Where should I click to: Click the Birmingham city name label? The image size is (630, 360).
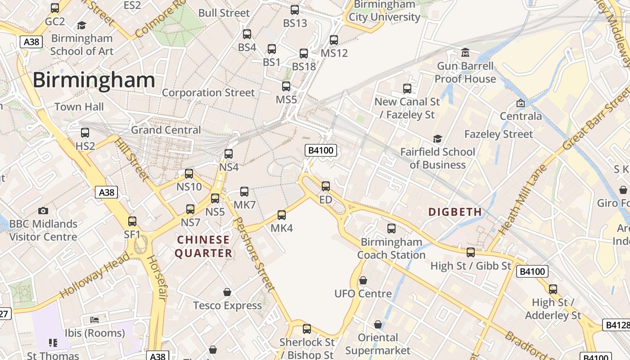pos(94,80)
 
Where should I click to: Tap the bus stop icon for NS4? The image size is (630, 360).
pos(229,154)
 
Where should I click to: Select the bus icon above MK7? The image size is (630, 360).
pos(244,192)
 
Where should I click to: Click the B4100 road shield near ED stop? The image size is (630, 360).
pos(321,150)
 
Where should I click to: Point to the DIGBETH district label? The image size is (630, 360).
pos(455,212)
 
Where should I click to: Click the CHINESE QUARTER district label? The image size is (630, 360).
pos(203,246)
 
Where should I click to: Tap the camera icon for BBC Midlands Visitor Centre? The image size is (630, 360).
pos(43,211)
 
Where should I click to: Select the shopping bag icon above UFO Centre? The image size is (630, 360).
pos(363,281)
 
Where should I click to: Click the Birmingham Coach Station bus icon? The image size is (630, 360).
pos(391,229)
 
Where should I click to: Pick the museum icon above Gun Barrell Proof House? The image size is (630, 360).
pos(465,53)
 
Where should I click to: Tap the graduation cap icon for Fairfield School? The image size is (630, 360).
pos(437,139)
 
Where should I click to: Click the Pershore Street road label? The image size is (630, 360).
pos(255,254)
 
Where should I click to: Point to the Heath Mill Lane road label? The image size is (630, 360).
pos(523,199)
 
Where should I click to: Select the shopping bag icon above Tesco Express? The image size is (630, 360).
pos(227,292)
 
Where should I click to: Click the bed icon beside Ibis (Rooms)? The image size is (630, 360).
pos(94,319)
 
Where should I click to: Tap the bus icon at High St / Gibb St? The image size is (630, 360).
pos(471,252)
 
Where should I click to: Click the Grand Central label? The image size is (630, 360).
pos(166,130)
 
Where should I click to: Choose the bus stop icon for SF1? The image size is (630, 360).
pos(132,221)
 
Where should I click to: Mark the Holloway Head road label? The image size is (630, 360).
pos(94,275)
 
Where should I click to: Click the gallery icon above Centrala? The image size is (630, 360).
pos(521,103)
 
